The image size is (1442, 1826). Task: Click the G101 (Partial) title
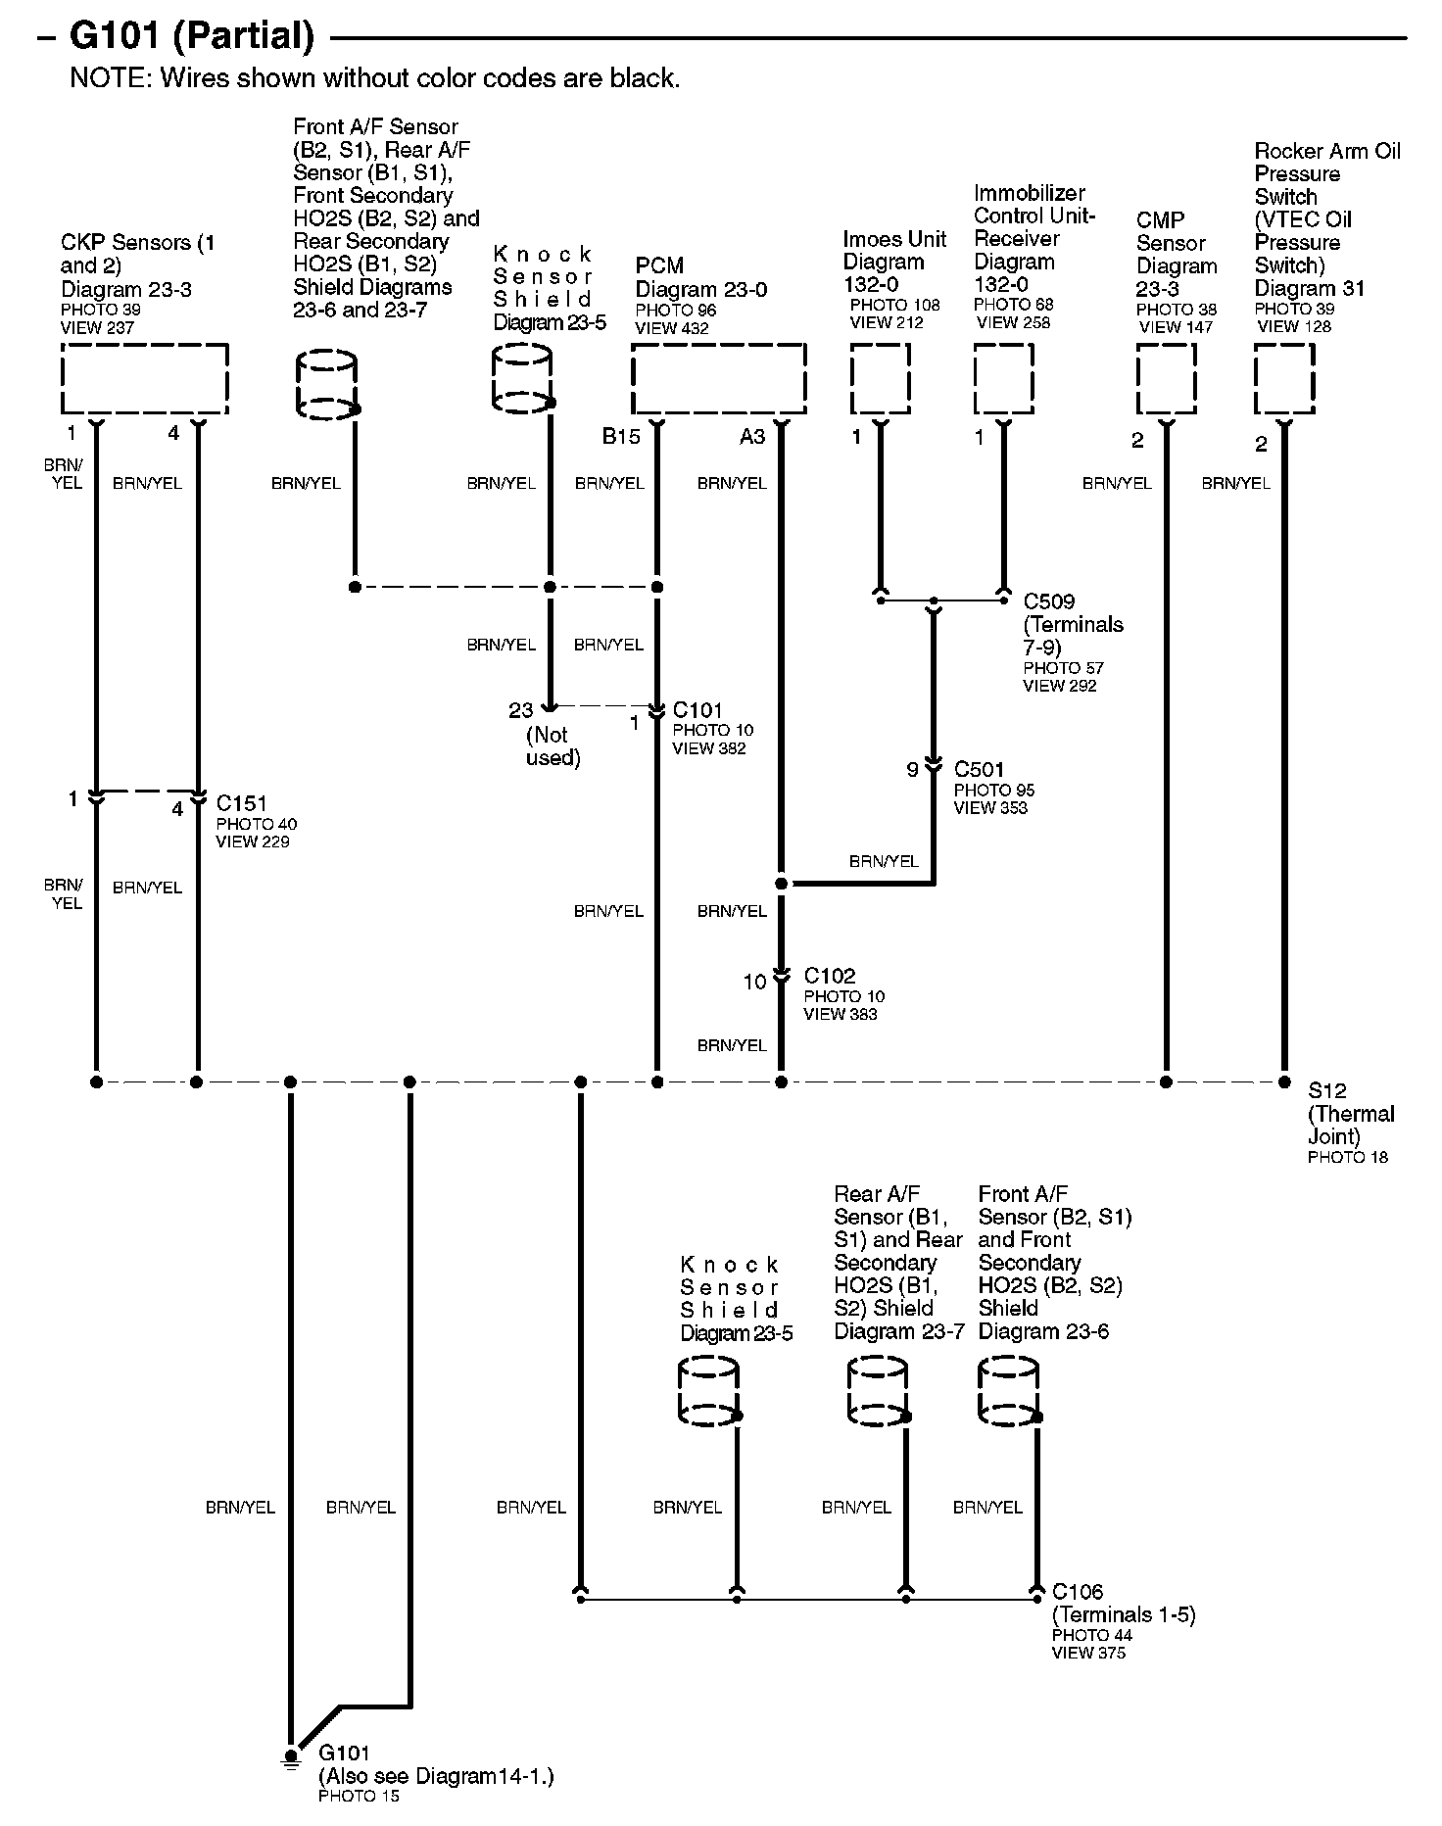pyautogui.click(x=191, y=36)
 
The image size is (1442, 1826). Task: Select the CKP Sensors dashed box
pyautogui.click(x=145, y=379)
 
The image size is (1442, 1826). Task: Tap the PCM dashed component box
pyautogui.click(x=718, y=379)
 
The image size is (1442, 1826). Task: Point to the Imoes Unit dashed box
pyautogui.click(x=880, y=379)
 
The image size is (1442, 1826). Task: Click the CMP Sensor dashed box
pyautogui.click(x=1166, y=379)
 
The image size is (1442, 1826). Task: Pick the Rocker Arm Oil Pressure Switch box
pyautogui.click(x=1284, y=379)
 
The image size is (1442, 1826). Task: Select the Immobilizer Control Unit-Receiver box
pyautogui.click(x=1003, y=379)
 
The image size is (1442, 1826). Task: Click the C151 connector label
pyautogui.click(x=242, y=803)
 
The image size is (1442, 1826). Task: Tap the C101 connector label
pyautogui.click(x=697, y=710)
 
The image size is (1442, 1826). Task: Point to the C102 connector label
pyautogui.click(x=830, y=976)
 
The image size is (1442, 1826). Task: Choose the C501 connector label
pyautogui.click(x=980, y=770)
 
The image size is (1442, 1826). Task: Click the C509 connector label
pyautogui.click(x=1049, y=601)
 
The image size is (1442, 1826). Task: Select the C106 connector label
pyautogui.click(x=1077, y=1592)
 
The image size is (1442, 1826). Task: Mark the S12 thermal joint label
pyautogui.click(x=1327, y=1090)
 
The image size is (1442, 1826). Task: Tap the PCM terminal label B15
pyautogui.click(x=621, y=437)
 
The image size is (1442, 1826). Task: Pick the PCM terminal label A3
pyautogui.click(x=751, y=437)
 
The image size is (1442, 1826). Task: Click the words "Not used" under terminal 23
pyautogui.click(x=553, y=746)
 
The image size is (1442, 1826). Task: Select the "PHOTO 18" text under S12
pyautogui.click(x=1348, y=1157)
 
